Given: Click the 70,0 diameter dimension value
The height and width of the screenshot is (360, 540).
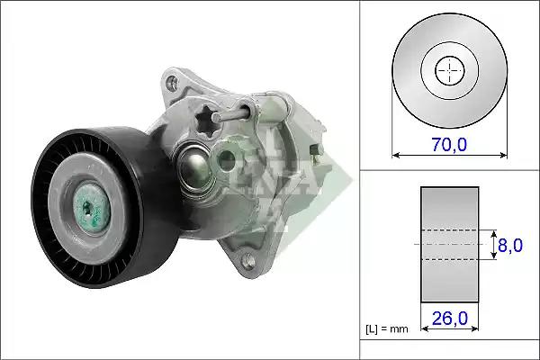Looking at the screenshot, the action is [449, 144].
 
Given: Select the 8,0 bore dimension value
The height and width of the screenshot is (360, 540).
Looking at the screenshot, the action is [510, 246].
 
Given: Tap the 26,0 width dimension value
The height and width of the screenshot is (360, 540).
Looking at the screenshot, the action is [450, 318].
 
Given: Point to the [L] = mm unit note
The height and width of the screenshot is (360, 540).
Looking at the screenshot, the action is [387, 329].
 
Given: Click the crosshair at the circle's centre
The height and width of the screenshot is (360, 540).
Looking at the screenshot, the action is [449, 70].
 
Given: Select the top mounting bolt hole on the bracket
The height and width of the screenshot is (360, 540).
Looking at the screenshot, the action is [172, 82].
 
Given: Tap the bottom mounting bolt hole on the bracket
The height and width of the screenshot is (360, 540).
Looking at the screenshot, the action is [248, 260].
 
